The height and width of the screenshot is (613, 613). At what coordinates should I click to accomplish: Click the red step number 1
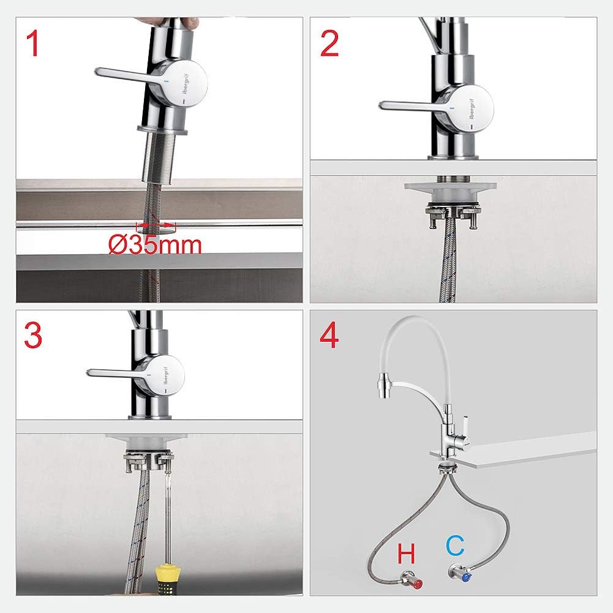click(33, 44)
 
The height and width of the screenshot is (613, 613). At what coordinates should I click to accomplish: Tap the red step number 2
click(329, 44)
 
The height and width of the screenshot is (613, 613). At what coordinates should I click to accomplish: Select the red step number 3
click(33, 335)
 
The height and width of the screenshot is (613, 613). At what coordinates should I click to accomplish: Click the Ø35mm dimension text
click(155, 246)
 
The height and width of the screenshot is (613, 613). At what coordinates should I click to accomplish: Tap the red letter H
click(406, 554)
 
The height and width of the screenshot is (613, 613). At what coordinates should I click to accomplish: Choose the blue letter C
click(456, 546)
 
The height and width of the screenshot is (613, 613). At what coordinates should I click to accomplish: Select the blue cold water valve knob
click(465, 577)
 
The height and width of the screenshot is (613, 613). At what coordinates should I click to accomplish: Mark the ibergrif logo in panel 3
click(165, 377)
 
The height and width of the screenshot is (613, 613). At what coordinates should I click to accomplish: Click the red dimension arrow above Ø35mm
click(156, 225)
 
